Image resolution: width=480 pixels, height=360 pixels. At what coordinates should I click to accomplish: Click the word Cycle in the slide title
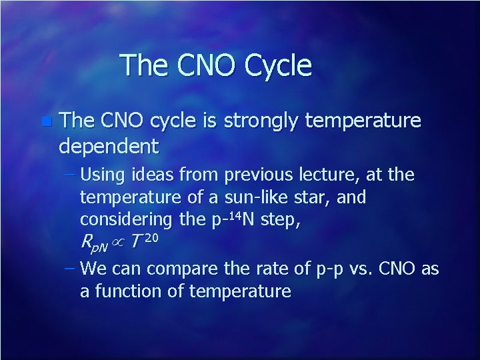(279, 66)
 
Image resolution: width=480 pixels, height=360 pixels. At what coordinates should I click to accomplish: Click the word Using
(99, 175)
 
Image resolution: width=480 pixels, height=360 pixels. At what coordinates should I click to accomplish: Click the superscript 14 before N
(231, 215)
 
